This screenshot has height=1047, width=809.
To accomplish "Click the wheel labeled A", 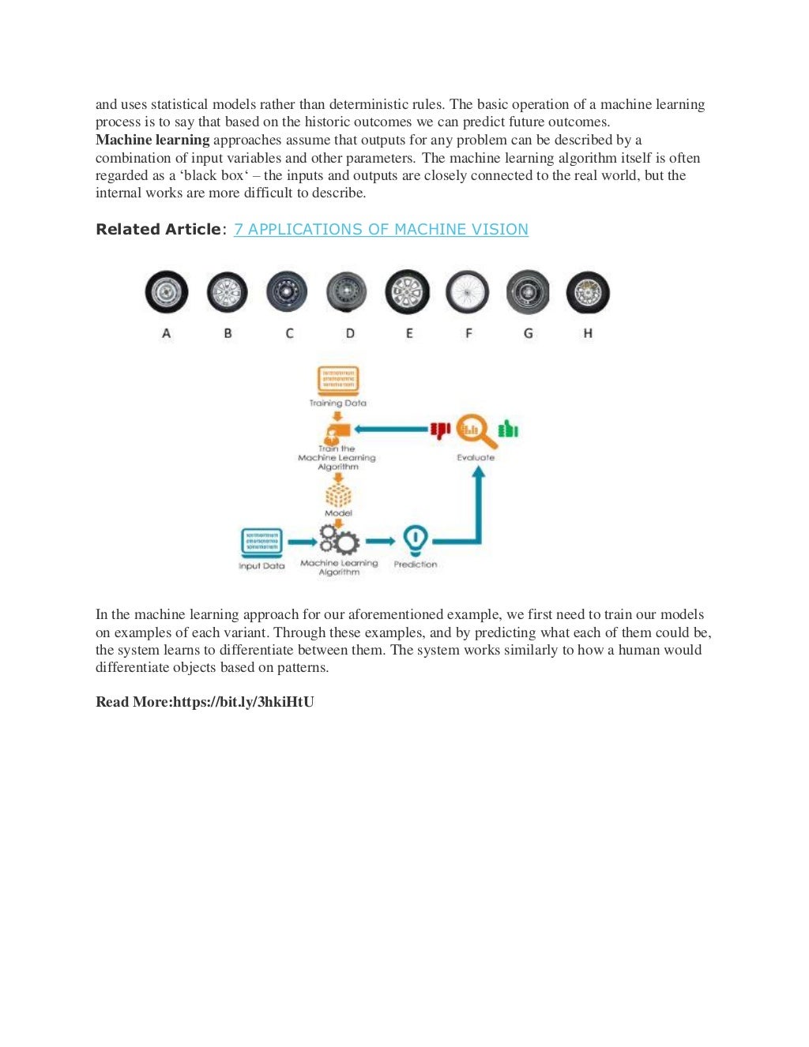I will pos(167,292).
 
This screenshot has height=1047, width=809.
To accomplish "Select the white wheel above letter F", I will pos(467,292).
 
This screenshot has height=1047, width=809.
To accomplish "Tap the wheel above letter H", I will pos(588,292).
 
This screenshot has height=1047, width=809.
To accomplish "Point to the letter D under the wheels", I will pos(350,333).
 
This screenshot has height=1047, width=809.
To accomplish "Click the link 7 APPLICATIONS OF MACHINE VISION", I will pos(381,229).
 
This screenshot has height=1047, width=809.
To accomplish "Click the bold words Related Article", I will pos(158,229).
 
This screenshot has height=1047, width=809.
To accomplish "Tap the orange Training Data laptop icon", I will pos(338,380).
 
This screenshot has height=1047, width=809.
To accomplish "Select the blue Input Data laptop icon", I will pos(262,542).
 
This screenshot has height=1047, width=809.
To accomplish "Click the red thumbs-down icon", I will pos(440,430).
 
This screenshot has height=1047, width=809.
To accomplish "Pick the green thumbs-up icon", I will pos(508,429).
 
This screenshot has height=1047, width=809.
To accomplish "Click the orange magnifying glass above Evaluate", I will pos(476,431).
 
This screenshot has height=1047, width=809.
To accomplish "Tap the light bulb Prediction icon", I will pos(415,541).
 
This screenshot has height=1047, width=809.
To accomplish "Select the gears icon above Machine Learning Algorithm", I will pos(340,541).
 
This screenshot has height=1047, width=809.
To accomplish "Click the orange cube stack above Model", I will pos(338,495).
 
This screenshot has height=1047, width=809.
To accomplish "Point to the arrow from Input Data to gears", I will pos(302,542).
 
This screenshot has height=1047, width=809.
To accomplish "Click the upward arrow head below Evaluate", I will pos(478,473).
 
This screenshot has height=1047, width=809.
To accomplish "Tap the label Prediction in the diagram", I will pos(415,565).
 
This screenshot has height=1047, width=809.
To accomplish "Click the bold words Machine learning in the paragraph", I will pos(152,140).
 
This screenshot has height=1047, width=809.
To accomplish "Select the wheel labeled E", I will pos(408,292).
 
